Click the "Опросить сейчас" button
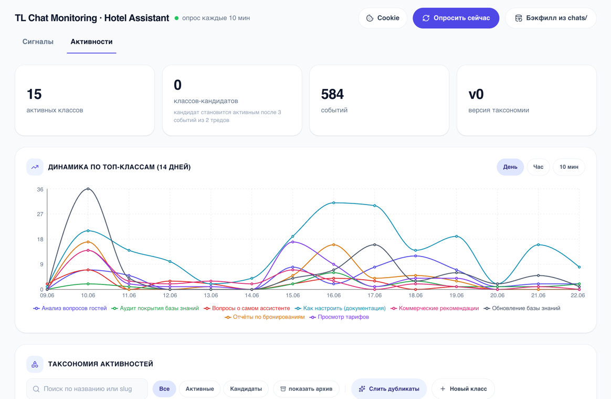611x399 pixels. click(x=456, y=18)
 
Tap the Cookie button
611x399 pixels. click(x=383, y=18)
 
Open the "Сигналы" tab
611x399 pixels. click(x=38, y=42)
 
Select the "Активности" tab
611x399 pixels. click(x=91, y=42)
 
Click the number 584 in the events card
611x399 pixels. click(x=332, y=94)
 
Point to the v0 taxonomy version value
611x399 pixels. click(x=476, y=94)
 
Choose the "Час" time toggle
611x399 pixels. click(x=538, y=167)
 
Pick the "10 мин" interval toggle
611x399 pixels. click(x=569, y=167)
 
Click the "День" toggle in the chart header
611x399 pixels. click(x=510, y=167)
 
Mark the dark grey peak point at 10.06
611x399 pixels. click(x=88, y=189)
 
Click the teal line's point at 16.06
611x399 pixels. click(x=333, y=202)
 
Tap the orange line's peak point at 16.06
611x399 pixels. click(x=333, y=244)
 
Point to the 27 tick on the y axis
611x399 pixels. click(x=40, y=214)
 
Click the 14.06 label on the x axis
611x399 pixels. click(x=252, y=295)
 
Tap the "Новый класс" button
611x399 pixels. click(x=463, y=389)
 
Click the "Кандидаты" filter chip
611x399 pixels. click(x=246, y=389)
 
